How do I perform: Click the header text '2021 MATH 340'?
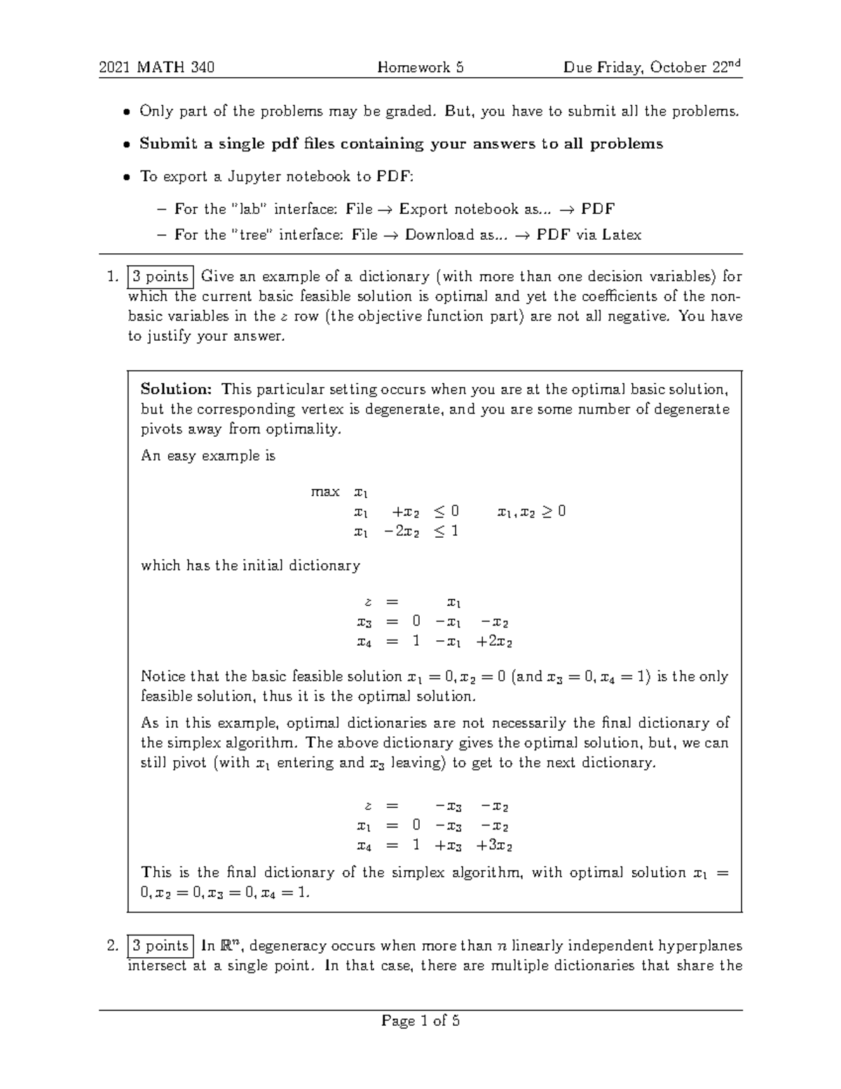[x=156, y=67]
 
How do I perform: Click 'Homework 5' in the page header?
[x=420, y=67]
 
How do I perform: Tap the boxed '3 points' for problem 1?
[x=160, y=276]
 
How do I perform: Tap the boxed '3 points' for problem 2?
[x=160, y=946]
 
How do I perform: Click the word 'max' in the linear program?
[x=325, y=492]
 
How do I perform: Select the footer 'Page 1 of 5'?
[x=420, y=1021]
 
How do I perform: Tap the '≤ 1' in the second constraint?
[x=445, y=531]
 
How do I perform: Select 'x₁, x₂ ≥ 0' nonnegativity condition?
[x=531, y=511]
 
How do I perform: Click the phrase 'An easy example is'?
[x=208, y=456]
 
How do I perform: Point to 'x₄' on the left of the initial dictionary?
[x=363, y=641]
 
